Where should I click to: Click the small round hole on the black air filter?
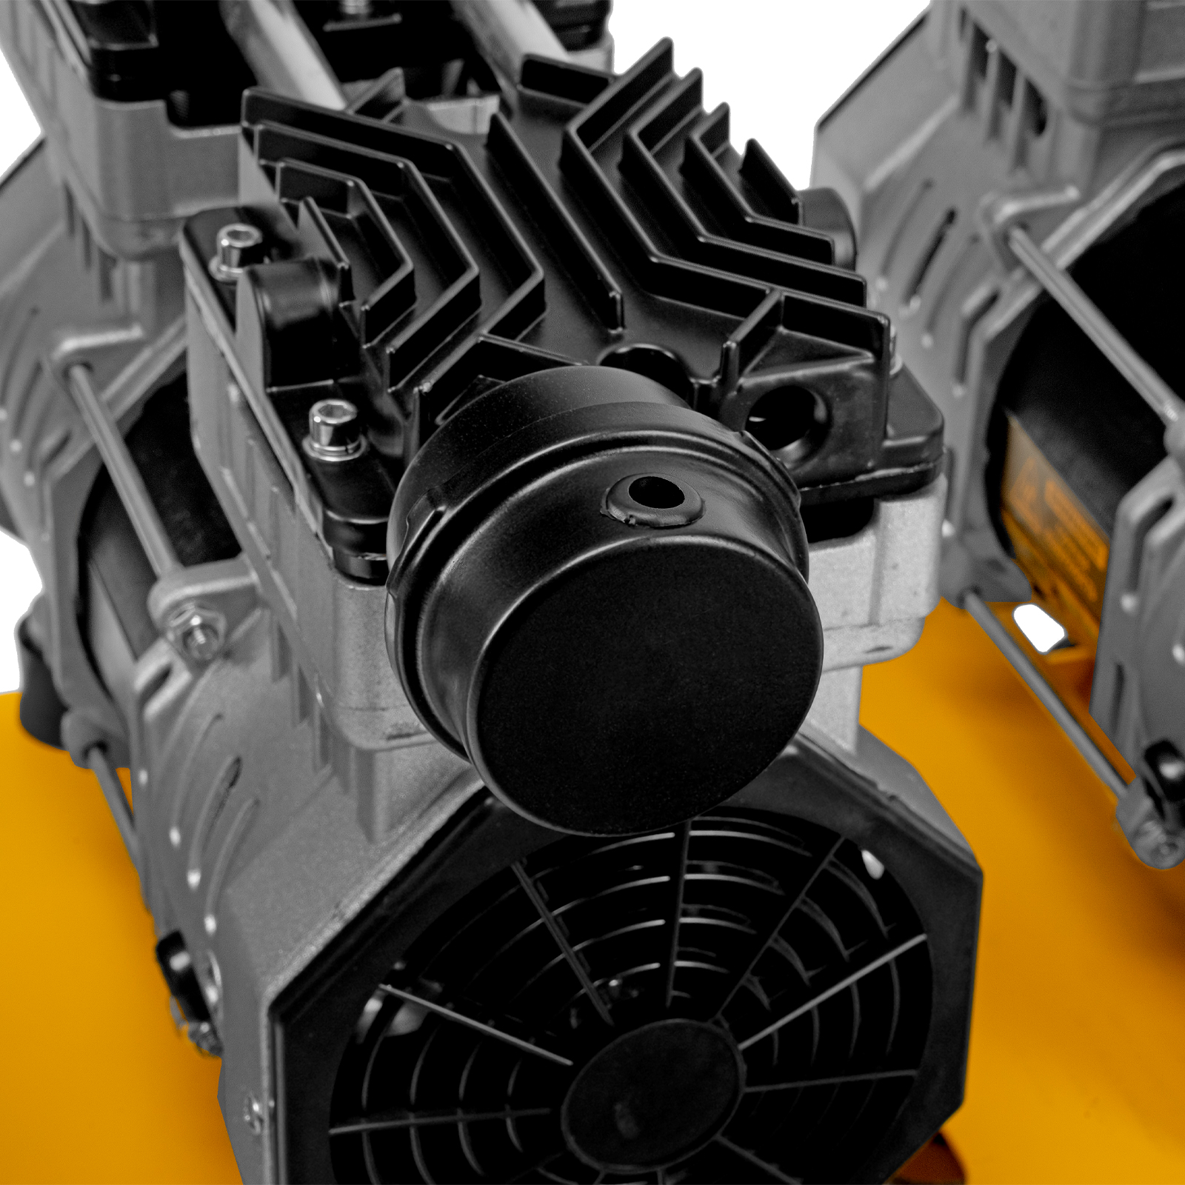point(654,492)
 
